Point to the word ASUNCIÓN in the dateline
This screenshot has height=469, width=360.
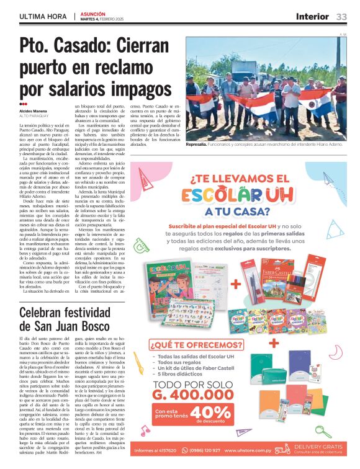[93, 13]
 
